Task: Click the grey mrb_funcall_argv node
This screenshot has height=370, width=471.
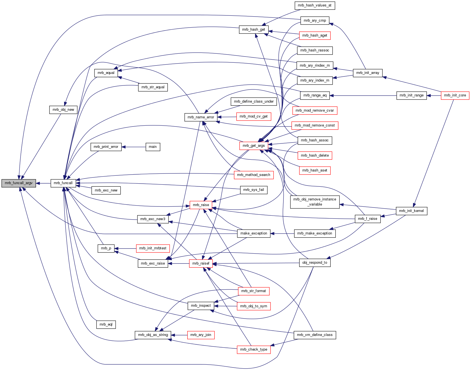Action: pos(19,183)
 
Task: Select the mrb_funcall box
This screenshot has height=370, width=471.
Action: pos(63,183)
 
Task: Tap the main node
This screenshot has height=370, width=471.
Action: pos(153,147)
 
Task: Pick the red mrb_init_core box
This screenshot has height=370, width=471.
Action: pos(455,95)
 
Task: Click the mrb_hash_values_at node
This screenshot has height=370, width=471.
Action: pos(315,5)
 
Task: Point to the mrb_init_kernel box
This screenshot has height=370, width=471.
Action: pos(411,211)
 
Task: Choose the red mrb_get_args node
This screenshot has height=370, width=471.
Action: pos(254,146)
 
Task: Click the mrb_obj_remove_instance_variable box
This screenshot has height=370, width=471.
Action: pos(315,202)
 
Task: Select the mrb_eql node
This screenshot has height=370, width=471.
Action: pos(106,324)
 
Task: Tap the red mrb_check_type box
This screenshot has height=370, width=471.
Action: pos(254,349)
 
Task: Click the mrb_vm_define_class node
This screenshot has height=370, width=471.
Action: pos(315,335)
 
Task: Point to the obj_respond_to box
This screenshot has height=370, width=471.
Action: pos(315,263)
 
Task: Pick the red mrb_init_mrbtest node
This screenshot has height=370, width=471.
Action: pos(153,248)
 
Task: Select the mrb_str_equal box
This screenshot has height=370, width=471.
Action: pos(153,87)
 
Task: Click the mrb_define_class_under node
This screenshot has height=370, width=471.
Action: pos(254,101)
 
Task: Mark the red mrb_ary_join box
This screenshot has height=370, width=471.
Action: pos(201,335)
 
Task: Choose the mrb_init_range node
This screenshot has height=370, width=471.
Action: pos(411,95)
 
